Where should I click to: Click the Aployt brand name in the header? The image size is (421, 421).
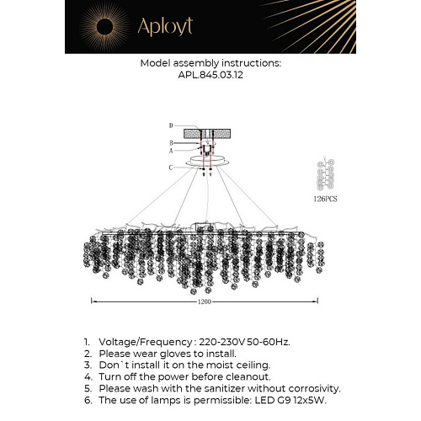click(163, 28)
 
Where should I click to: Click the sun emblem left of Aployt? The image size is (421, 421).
click(103, 27)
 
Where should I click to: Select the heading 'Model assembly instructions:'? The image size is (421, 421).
click(210, 62)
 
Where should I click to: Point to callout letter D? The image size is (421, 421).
click(170, 125)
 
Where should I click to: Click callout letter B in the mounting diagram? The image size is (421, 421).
click(170, 143)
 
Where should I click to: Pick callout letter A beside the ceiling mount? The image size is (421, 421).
click(170, 151)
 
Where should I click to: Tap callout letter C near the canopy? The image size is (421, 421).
click(170, 168)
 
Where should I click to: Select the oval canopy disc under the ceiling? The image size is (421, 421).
click(204, 159)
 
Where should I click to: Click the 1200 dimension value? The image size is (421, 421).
click(204, 301)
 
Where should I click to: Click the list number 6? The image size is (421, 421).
click(87, 400)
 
